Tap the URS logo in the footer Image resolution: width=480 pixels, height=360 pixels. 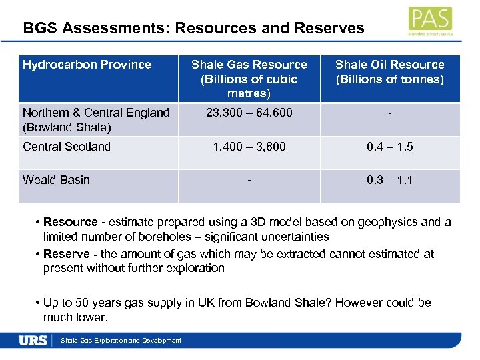[x=33, y=340]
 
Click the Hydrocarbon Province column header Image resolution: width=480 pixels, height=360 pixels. [x=87, y=65]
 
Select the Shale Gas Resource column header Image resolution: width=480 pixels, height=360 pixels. [x=249, y=79]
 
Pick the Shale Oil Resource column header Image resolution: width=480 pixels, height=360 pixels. [x=389, y=72]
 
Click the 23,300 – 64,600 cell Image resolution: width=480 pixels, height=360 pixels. [x=249, y=113]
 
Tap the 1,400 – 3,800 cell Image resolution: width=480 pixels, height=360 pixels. [x=249, y=147]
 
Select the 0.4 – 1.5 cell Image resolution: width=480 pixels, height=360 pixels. [x=389, y=147]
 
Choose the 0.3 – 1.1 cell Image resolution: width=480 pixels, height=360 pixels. [x=389, y=180]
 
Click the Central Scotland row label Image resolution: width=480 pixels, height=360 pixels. [x=67, y=147]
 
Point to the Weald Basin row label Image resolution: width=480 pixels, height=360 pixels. [x=56, y=180]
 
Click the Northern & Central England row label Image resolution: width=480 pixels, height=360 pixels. [x=95, y=119]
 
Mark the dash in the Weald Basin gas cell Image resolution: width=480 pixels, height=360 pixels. [x=249, y=180]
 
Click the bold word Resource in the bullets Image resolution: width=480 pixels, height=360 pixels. [x=71, y=222]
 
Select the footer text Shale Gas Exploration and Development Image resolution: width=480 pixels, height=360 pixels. [x=121, y=341]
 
